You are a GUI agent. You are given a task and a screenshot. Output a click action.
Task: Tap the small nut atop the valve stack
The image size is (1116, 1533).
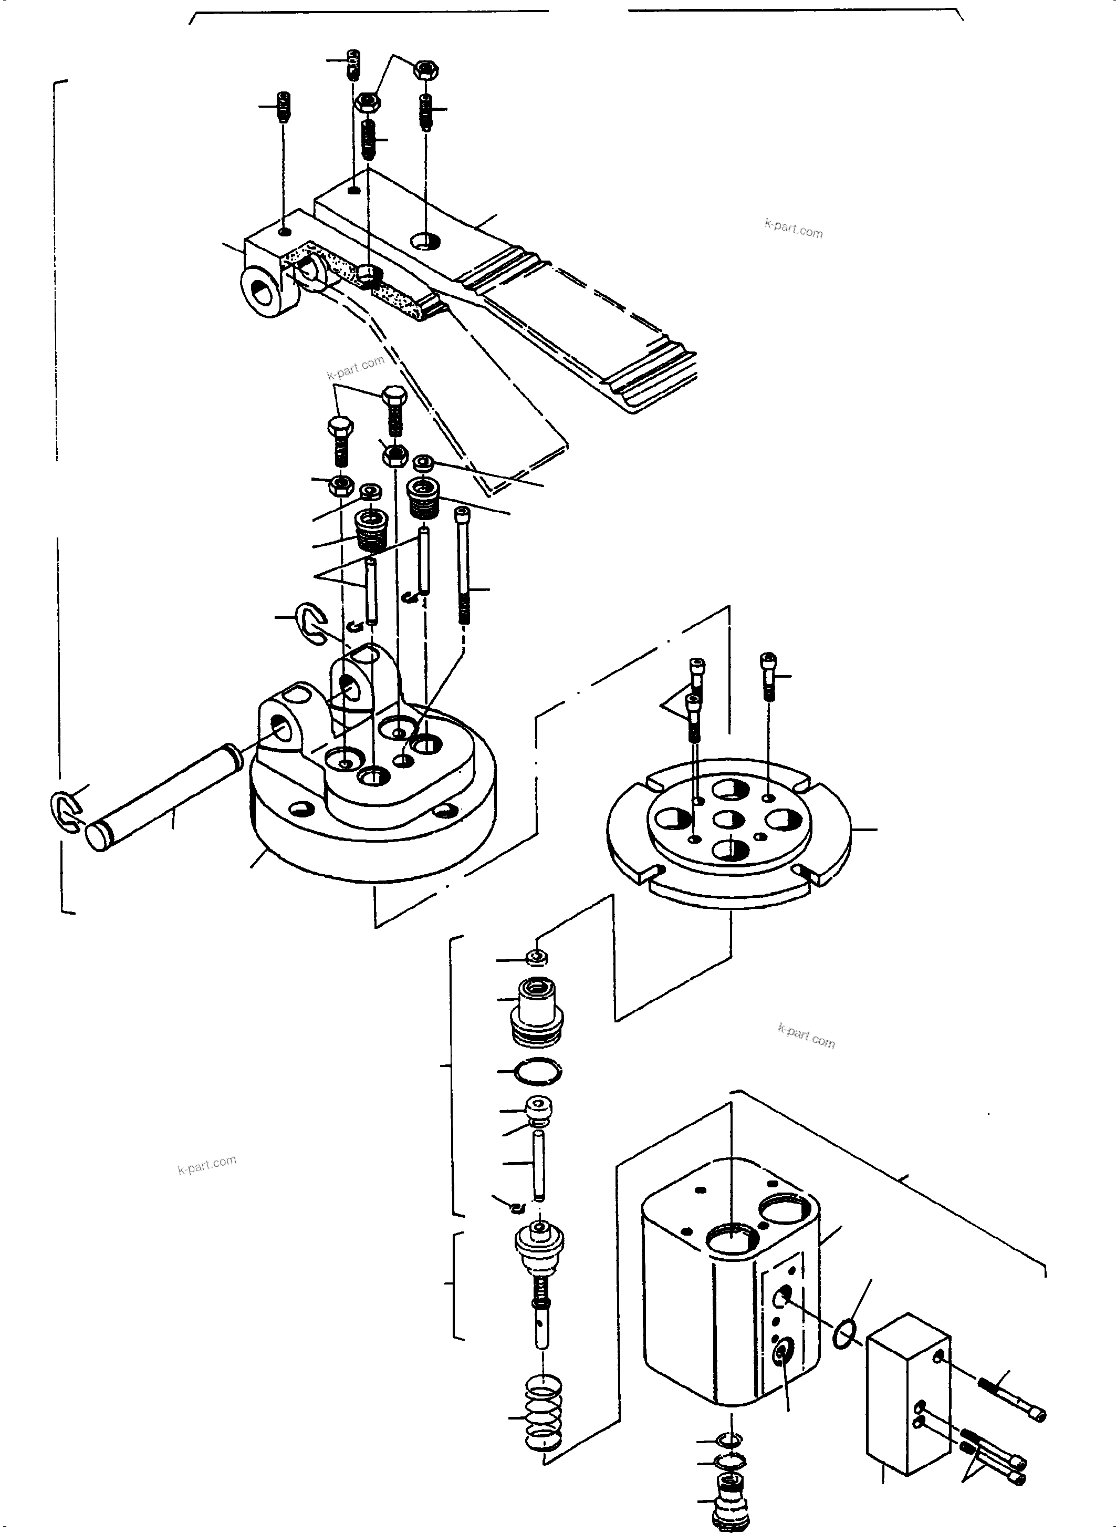click(x=538, y=957)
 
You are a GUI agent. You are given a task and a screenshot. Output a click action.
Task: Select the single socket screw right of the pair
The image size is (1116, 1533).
click(x=769, y=676)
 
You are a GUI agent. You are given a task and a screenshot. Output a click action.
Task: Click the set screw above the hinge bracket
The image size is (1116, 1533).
click(x=285, y=107)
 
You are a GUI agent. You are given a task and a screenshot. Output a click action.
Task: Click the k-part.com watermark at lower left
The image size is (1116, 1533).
click(x=207, y=1164)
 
